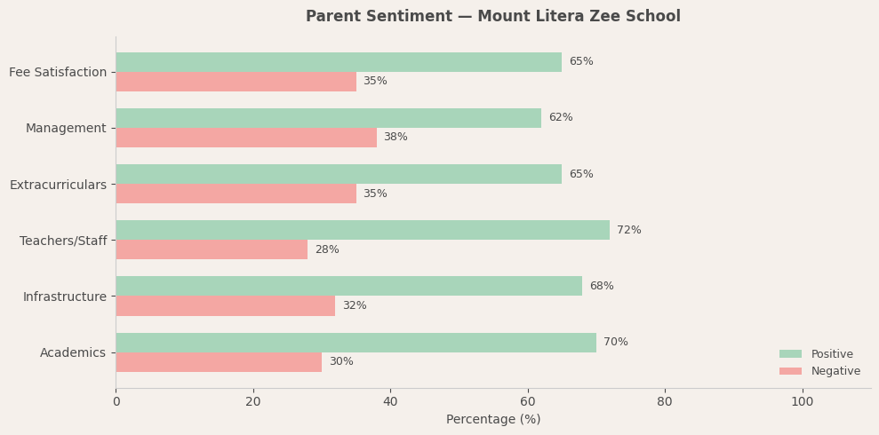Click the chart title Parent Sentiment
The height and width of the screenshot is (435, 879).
pos(492,17)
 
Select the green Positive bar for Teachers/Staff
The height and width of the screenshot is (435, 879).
pos(363,230)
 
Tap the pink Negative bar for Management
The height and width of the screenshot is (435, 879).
pos(246,138)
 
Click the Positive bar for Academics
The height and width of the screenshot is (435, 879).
pos(356,343)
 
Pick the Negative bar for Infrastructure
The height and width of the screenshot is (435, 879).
pos(226,305)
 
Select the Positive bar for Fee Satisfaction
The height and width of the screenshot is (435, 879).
pos(339,62)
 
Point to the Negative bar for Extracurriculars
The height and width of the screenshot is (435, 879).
pos(236,194)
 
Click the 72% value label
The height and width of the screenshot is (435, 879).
pos(628,231)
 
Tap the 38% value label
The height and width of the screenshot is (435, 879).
pos(396,138)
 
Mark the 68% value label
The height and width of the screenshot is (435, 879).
pos(601,287)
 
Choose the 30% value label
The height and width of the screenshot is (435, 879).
pos(340,362)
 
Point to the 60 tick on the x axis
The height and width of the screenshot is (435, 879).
pos(528,402)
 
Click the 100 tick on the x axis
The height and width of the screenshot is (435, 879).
pos(802,402)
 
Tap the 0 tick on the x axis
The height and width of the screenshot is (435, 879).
pos(116,402)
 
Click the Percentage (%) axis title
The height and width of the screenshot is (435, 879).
pos(492,420)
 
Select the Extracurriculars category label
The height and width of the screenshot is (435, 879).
pos(58,185)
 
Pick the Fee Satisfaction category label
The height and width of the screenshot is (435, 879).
pos(58,73)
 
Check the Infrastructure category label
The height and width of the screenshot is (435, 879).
pos(64,297)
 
